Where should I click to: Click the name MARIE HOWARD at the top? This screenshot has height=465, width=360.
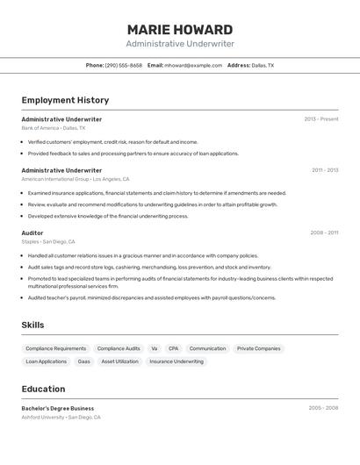[x=180, y=30]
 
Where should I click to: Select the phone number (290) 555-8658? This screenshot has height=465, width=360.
[x=124, y=66]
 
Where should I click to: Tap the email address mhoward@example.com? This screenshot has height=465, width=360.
[x=193, y=66]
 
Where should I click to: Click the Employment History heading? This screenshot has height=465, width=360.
[x=65, y=100]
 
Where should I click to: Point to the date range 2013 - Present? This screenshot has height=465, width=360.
[x=320, y=119]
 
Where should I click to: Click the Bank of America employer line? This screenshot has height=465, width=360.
[x=54, y=128]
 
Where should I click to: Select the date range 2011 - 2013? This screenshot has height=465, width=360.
[x=325, y=170]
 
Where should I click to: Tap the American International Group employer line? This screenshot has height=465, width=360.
[x=76, y=179]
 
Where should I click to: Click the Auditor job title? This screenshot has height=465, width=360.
[x=32, y=232]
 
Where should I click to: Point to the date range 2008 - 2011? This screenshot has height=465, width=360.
[x=324, y=232]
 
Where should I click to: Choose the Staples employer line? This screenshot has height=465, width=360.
[x=48, y=241]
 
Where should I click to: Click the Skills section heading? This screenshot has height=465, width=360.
[x=32, y=325]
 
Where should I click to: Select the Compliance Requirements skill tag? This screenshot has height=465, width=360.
[x=56, y=348]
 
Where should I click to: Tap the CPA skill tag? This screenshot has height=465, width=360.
[x=173, y=348]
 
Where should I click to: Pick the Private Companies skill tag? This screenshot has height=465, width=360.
[x=259, y=348]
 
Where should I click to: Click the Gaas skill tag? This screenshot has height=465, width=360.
[x=84, y=361]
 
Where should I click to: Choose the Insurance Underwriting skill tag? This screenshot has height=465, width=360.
[x=176, y=361]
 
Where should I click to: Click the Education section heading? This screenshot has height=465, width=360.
[x=43, y=389]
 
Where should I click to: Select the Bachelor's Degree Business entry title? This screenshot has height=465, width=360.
[x=58, y=408]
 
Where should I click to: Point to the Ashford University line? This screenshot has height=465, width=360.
[x=61, y=418]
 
